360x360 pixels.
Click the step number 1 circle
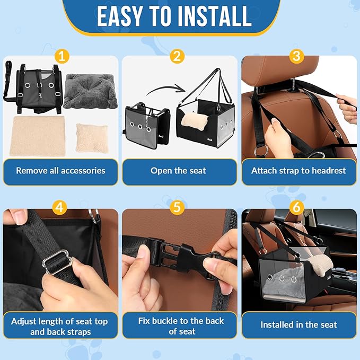pyautogui.click(x=62, y=56)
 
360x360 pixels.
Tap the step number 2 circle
pyautogui.click(x=179, y=56)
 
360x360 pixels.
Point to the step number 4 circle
pyautogui.click(x=60, y=207)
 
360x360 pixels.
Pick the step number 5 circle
pyautogui.click(x=179, y=207)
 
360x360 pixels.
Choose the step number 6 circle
pyautogui.click(x=297, y=207)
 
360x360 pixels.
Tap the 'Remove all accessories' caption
pyautogui.click(x=60, y=171)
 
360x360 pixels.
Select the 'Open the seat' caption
pyautogui.click(x=179, y=171)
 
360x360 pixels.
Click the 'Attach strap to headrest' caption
pyautogui.click(x=298, y=171)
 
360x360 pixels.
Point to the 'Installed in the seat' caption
pyautogui.click(x=298, y=324)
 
